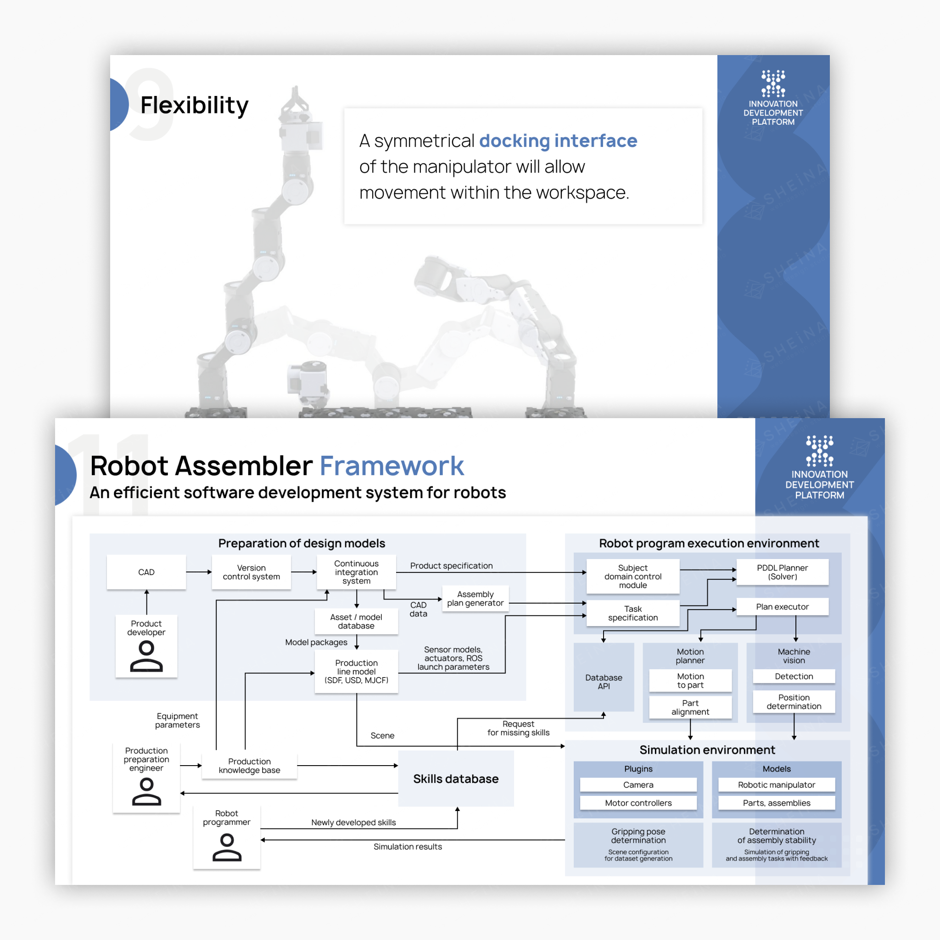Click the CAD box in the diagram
(x=146, y=572)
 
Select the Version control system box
(x=251, y=572)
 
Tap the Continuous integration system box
(x=356, y=572)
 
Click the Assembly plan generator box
(x=475, y=599)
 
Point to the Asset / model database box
(x=356, y=621)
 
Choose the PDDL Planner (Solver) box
(x=782, y=572)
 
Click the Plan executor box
(x=782, y=607)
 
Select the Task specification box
(x=632, y=613)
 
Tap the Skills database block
(x=455, y=778)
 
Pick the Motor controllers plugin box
(x=638, y=803)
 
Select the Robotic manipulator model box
(x=776, y=785)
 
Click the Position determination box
(x=794, y=702)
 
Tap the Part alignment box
(x=690, y=707)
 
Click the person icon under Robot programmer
(x=227, y=847)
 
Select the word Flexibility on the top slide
(x=194, y=105)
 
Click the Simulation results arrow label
(x=408, y=846)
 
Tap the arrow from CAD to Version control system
(x=198, y=572)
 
